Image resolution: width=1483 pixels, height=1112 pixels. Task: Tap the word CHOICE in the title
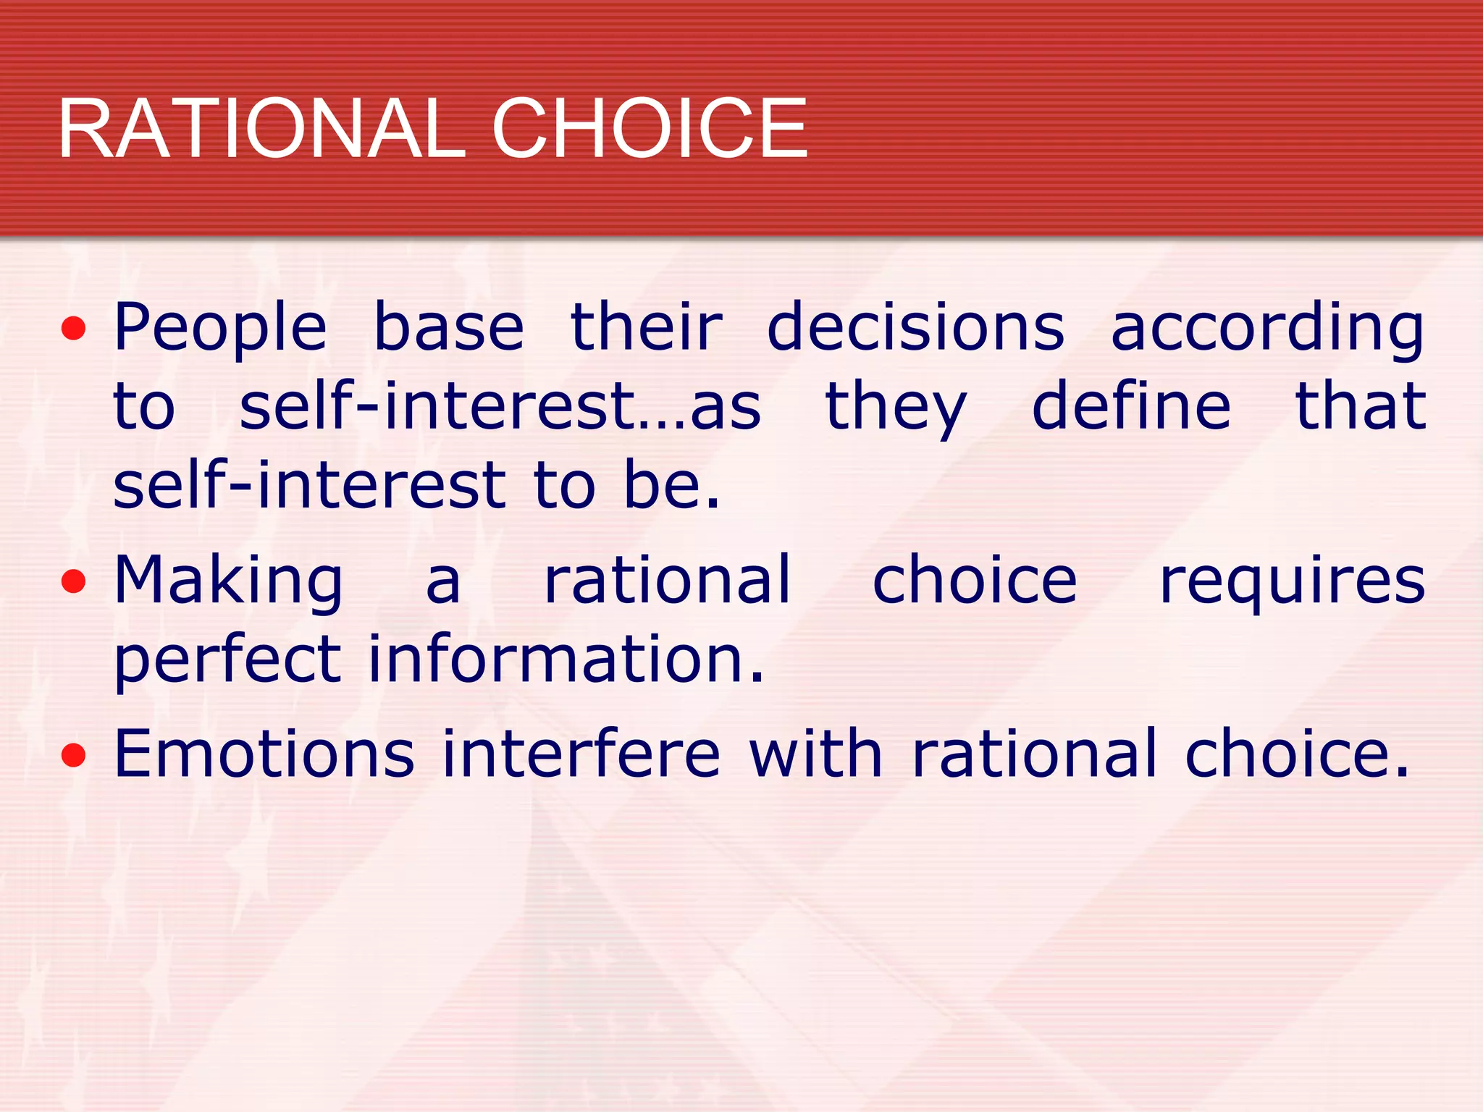[x=650, y=129]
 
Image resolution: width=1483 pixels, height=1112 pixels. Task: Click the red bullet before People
[x=73, y=330]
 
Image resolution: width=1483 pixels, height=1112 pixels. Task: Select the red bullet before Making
[x=73, y=582]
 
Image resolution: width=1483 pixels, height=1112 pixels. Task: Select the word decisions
[x=915, y=327]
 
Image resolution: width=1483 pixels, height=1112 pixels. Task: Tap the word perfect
[x=227, y=660]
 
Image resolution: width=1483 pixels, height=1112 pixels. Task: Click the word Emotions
[x=264, y=754]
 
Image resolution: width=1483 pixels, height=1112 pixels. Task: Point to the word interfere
[x=581, y=754]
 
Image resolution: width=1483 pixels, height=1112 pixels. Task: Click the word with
[x=815, y=754]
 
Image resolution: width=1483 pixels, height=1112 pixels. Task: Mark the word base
[x=448, y=327]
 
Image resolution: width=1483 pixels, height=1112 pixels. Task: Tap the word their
[x=646, y=327]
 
